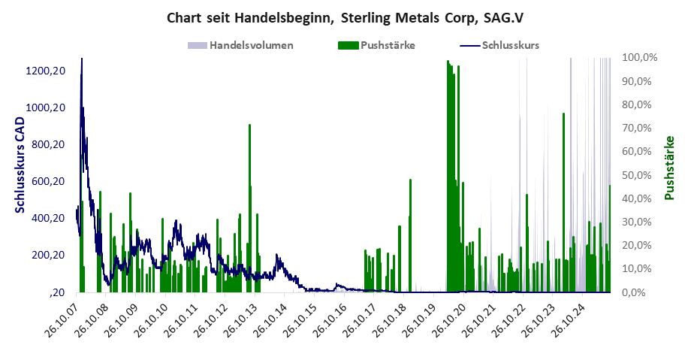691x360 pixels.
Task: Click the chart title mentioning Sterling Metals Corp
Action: click(x=345, y=17)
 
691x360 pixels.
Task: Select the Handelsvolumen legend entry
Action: click(x=240, y=45)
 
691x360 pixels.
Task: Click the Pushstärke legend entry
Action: click(x=376, y=45)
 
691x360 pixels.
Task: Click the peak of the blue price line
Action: click(x=81, y=59)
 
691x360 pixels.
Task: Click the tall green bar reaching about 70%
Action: click(x=249, y=126)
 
